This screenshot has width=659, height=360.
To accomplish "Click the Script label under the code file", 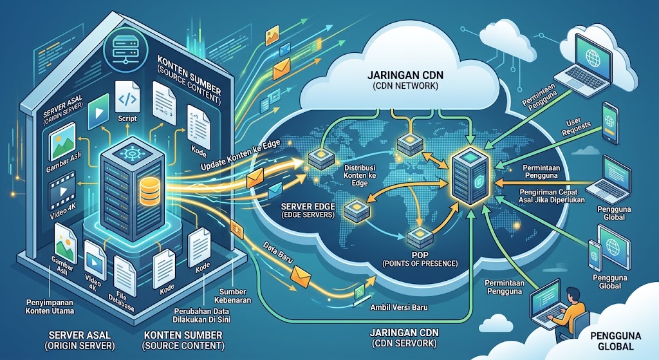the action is [127, 118].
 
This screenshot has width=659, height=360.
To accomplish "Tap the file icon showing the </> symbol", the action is [127, 98].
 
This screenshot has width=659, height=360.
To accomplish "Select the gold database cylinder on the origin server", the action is [150, 191].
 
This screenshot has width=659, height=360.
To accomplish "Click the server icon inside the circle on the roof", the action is [126, 48].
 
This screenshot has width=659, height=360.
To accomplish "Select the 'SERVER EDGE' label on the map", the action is [308, 207].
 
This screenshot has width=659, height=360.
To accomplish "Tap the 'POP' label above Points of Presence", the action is [420, 255].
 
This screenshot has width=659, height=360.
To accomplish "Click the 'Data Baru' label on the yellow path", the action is [277, 252].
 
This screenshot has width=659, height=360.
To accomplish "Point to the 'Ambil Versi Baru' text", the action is [399, 307].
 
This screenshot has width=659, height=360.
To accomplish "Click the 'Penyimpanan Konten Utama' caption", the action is [50, 307].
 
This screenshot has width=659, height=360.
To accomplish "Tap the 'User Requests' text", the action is [576, 127].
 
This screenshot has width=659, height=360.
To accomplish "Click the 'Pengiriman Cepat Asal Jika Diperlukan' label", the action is [552, 196].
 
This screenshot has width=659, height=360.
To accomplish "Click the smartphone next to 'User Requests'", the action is [610, 123].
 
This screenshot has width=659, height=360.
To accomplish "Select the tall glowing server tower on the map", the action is [469, 175].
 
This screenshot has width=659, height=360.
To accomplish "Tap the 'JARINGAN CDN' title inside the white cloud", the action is [405, 76].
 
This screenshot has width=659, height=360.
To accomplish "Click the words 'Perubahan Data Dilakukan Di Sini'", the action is [201, 316].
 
